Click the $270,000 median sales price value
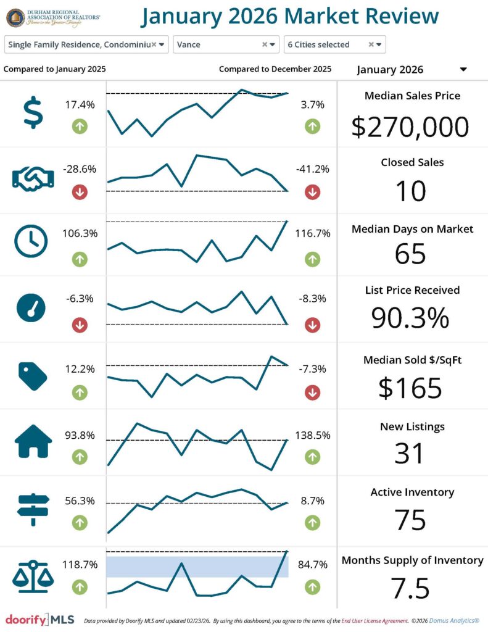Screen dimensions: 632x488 pos(410,127)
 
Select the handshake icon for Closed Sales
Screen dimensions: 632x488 pos(33,178)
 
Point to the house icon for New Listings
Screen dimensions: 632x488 pos(33,441)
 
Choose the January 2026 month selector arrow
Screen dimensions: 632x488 pos(463,70)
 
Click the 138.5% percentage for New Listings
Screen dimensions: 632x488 pos(312,435)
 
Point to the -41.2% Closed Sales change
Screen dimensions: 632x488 pos(312,169)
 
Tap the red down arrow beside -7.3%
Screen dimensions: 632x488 pos(312,392)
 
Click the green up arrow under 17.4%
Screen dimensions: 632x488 pos(80,127)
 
